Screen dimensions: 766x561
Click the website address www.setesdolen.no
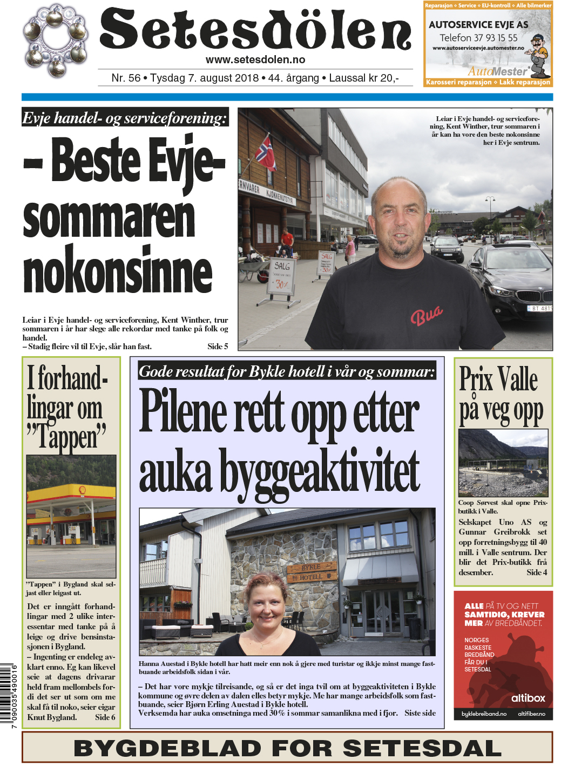[255, 60]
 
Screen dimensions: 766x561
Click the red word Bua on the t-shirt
[427, 315]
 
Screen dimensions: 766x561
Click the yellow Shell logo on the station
[82, 490]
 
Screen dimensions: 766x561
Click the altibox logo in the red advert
[528, 698]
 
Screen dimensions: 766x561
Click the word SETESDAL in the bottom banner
[422, 748]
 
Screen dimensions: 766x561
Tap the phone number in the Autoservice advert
[478, 38]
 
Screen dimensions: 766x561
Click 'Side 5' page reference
[218, 347]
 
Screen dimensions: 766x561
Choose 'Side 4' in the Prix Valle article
[537, 572]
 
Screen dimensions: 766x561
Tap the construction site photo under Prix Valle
[502, 463]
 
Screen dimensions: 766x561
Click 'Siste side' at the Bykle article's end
[420, 713]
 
